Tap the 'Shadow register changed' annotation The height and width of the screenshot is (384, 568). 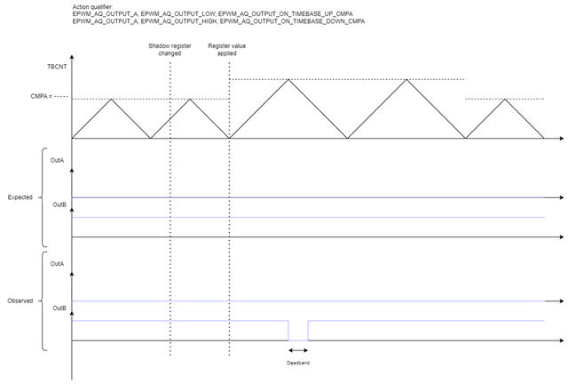point(165,49)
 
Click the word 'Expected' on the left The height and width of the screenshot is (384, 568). point(20,196)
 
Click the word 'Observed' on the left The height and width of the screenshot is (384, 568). point(20,300)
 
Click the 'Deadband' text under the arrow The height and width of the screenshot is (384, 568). point(297,363)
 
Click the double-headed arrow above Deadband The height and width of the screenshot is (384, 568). point(297,351)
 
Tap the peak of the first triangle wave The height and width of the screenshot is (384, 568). point(111,99)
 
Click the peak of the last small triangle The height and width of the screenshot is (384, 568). point(505,99)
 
